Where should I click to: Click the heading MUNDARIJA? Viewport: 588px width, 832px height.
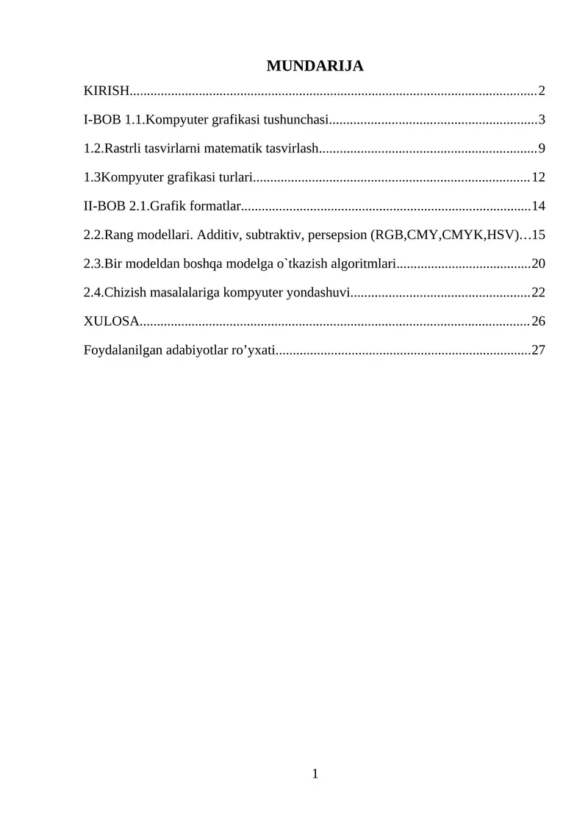pos(315,66)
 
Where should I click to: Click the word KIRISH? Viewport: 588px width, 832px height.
pos(106,91)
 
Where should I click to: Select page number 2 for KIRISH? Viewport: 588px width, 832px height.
pos(542,91)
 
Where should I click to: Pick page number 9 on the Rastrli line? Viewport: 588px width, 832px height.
pos(542,149)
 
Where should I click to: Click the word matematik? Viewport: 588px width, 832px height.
pos(237,149)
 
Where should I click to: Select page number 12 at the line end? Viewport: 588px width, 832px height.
pos(538,177)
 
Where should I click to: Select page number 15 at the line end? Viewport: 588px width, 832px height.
pos(538,235)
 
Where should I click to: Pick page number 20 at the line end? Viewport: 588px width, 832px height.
pos(538,263)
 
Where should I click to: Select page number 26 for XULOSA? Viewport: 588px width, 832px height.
pos(538,321)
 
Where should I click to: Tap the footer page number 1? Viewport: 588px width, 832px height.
pos(315,773)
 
